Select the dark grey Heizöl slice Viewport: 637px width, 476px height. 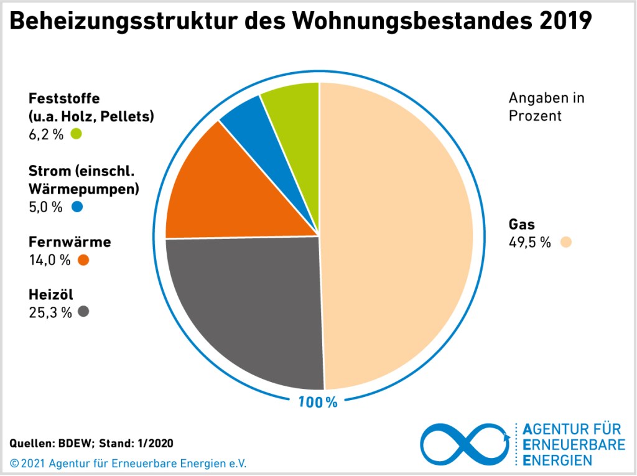point(249,305)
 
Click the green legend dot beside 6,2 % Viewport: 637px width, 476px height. point(77,133)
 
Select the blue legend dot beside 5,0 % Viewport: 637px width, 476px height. point(77,207)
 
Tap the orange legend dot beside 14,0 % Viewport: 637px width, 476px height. point(83,260)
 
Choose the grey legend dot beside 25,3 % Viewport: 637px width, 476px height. point(83,312)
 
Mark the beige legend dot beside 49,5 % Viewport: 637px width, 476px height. point(565,242)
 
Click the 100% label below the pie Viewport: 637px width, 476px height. point(317,402)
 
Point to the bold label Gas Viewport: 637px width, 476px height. point(521,225)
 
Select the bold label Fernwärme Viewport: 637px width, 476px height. point(70,242)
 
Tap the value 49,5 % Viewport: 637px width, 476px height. point(529,243)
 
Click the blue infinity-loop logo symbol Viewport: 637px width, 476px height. point(465,444)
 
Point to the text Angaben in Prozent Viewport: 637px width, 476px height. point(546,107)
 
